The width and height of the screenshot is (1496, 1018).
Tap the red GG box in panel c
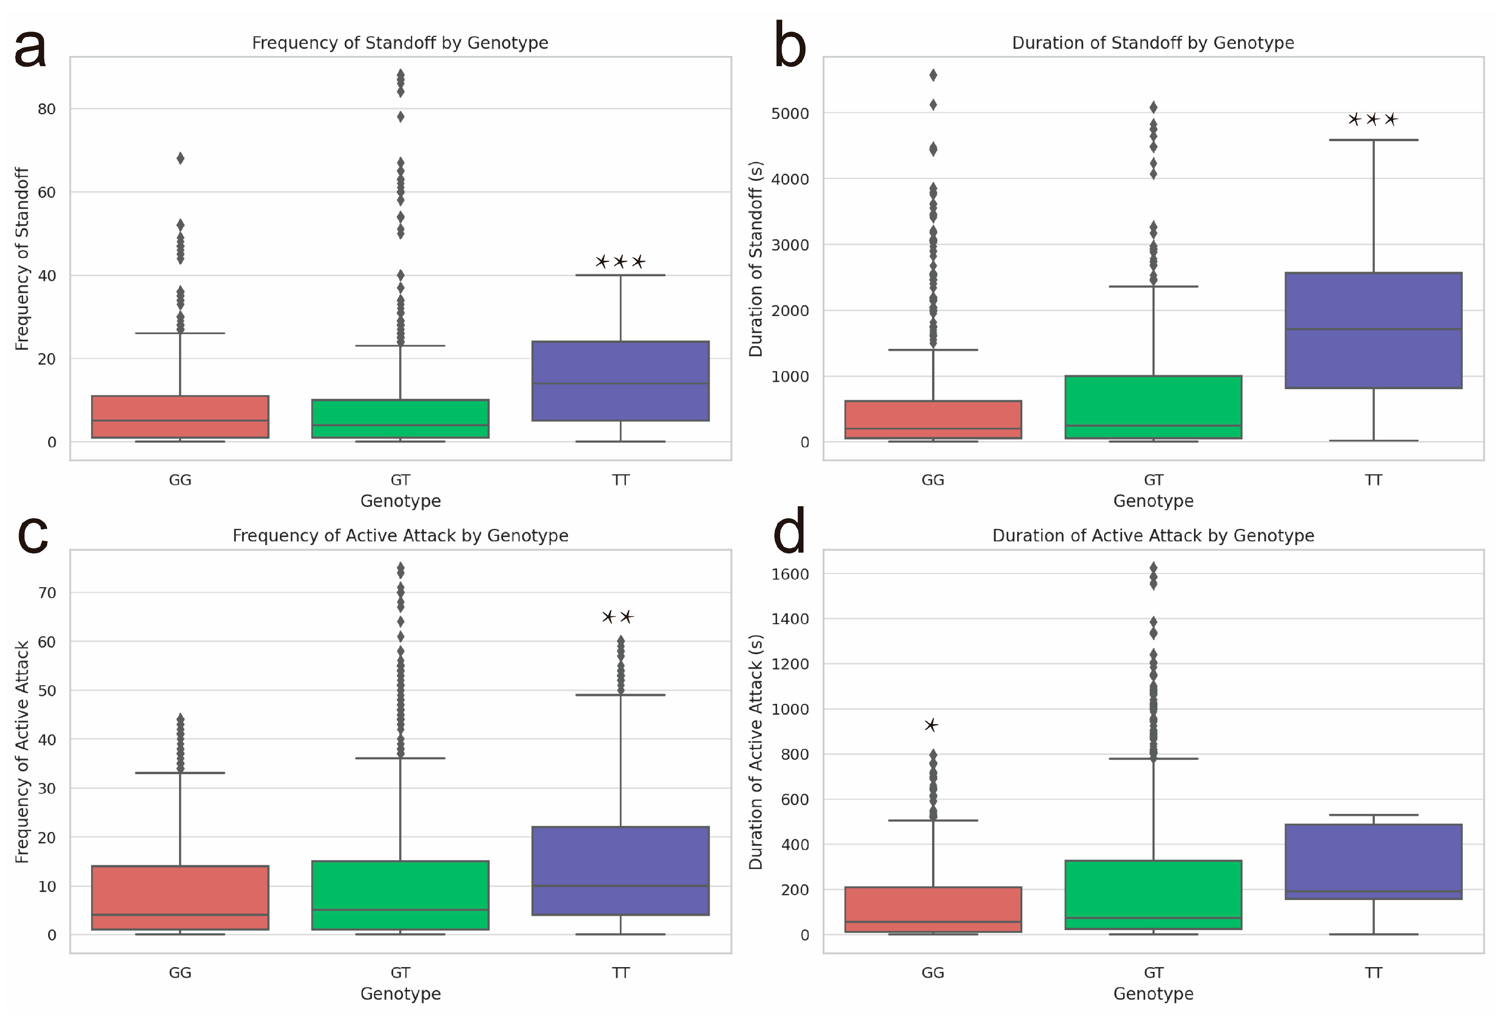(x=180, y=898)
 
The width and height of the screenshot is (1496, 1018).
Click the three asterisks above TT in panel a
(x=620, y=262)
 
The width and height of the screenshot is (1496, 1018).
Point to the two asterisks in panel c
(x=618, y=617)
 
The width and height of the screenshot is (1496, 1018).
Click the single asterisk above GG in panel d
(x=931, y=726)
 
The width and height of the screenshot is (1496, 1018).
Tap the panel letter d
(x=789, y=532)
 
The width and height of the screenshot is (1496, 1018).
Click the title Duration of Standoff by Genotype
(x=1153, y=43)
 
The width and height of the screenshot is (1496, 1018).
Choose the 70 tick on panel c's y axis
(x=47, y=592)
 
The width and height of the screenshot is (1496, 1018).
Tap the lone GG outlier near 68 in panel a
(x=180, y=158)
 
